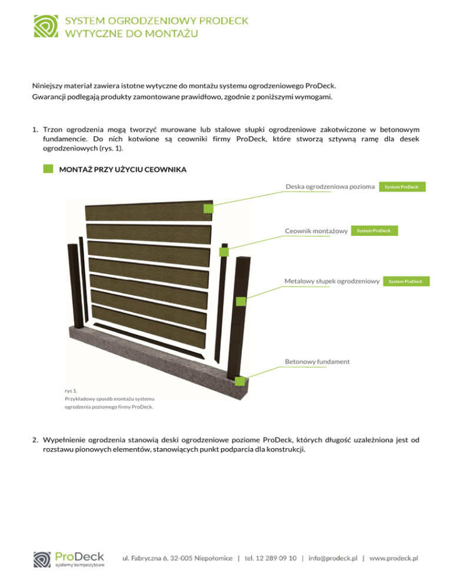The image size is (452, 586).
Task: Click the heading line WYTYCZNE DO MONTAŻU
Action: [131, 33]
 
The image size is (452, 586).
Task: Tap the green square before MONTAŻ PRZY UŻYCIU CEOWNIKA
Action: [48, 170]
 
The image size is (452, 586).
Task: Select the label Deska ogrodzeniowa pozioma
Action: [330, 187]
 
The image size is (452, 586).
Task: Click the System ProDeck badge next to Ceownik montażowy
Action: [374, 231]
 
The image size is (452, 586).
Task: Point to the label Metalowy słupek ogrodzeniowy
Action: [331, 281]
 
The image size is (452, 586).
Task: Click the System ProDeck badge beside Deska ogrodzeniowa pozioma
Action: [401, 187]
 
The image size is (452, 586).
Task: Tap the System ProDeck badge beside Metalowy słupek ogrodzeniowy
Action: [406, 281]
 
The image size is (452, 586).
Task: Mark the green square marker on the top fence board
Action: [208, 209]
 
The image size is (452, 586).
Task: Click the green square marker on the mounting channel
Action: [224, 252]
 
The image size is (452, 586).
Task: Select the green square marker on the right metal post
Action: [240, 301]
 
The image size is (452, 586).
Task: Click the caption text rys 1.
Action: [72, 390]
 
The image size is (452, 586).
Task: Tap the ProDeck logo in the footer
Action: [69, 559]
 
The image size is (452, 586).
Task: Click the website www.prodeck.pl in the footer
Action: [394, 558]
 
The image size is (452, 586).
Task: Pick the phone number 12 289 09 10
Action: [275, 558]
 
